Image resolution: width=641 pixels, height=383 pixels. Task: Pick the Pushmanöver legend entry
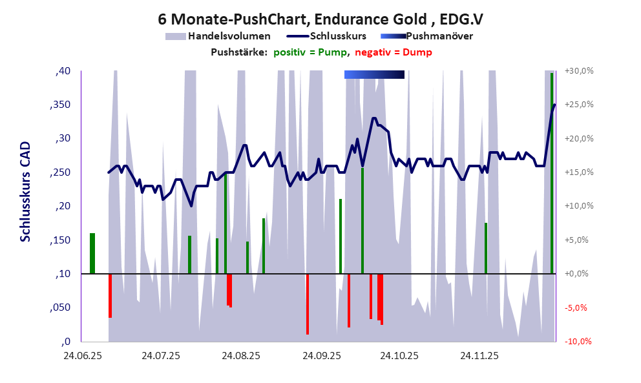(439, 36)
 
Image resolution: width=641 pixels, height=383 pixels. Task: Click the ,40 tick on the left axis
(63, 70)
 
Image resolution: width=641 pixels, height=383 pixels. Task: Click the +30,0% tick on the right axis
(579, 70)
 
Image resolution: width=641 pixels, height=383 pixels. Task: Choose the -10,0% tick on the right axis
(579, 342)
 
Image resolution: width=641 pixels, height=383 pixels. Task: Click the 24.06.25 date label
(82, 356)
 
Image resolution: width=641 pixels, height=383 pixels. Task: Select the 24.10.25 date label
(399, 356)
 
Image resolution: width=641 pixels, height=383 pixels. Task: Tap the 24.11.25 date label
(479, 356)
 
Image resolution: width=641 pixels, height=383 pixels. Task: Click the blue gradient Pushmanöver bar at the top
(374, 75)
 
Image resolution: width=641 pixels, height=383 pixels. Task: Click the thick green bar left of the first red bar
(92, 253)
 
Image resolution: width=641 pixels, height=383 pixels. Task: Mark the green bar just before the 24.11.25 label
(485, 248)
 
